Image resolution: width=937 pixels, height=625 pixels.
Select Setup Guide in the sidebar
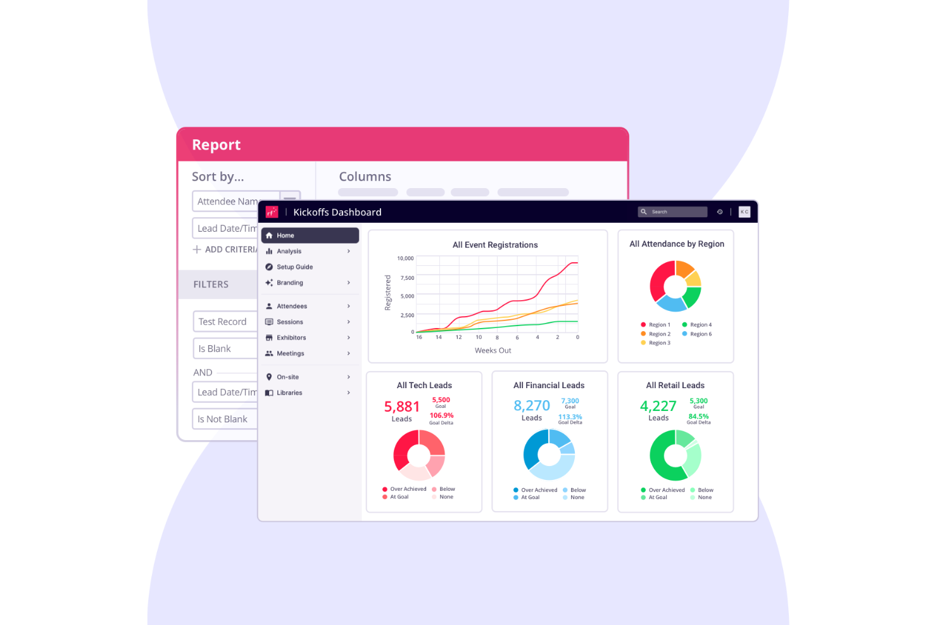point(295,267)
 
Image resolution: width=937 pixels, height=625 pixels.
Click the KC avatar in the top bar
point(745,212)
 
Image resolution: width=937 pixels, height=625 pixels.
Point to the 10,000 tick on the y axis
point(405,258)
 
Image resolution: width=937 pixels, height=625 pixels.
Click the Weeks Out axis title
point(493,351)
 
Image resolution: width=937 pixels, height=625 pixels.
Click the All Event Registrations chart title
point(495,245)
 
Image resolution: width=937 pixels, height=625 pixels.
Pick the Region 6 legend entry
point(700,334)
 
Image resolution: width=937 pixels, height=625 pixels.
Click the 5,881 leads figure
point(402,407)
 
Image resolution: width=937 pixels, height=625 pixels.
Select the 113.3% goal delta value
point(570,417)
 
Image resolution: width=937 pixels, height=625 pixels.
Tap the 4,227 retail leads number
point(658,406)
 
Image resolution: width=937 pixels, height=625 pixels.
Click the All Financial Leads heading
point(549,386)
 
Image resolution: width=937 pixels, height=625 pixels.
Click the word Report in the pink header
point(217,145)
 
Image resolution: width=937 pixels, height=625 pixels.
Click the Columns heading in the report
point(365,177)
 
